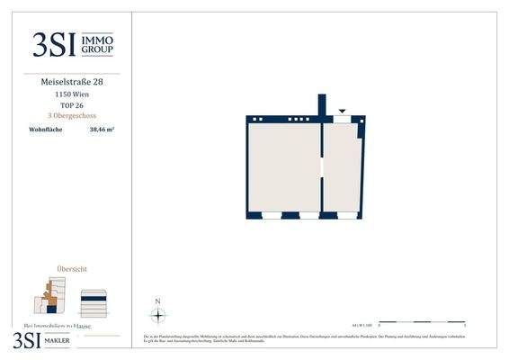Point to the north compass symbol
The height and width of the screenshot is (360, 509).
click(158, 315)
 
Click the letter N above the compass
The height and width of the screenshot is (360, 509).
click(158, 301)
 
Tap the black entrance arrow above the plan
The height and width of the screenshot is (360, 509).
click(342, 112)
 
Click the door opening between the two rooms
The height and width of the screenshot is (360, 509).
click(322, 167)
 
